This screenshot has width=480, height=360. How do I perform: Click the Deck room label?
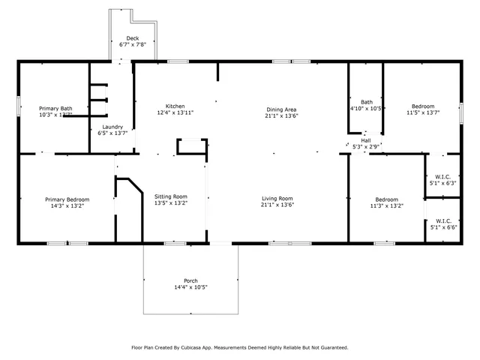pyautogui.click(x=133, y=38)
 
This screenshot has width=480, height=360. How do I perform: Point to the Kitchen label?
pyautogui.click(x=175, y=106)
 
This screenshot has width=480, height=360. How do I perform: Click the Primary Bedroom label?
pyautogui.click(x=67, y=199)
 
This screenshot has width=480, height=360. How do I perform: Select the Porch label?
pyautogui.click(x=190, y=280)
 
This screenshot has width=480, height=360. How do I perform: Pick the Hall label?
pyautogui.click(x=366, y=139)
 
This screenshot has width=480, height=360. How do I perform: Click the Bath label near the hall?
pyautogui.click(x=367, y=102)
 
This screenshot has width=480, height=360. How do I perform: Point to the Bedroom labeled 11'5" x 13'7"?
pyautogui.click(x=421, y=106)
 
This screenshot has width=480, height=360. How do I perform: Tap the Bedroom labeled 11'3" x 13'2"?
pyautogui.click(x=389, y=199)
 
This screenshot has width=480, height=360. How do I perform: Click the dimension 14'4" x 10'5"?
pyautogui.click(x=190, y=287)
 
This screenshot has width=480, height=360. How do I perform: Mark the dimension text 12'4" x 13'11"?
pyautogui.click(x=175, y=112)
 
